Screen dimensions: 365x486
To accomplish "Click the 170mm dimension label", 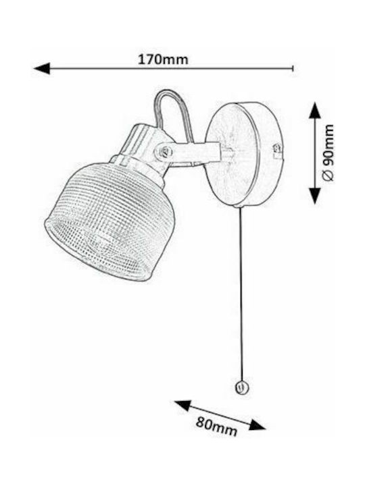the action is coord(163,59).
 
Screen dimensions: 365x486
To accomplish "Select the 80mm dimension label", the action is coord(216,426).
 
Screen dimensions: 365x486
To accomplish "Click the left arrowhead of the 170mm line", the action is coord(42,68).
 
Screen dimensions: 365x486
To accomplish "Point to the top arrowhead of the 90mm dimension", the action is coord(315,110).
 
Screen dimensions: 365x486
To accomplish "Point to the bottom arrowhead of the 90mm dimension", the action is coord(315,196).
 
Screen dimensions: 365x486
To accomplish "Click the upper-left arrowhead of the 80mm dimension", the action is coord(182,405).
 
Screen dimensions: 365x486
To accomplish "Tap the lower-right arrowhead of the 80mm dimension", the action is coord(258,425).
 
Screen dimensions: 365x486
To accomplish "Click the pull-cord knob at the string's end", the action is coord(241,387).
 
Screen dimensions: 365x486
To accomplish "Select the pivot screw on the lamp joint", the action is coord(166,151).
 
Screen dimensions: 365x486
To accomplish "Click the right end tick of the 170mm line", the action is coord(293,68).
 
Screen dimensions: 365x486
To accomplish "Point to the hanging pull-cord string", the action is coord(240,294).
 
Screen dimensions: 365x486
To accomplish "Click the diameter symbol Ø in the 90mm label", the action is coord(328,175).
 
